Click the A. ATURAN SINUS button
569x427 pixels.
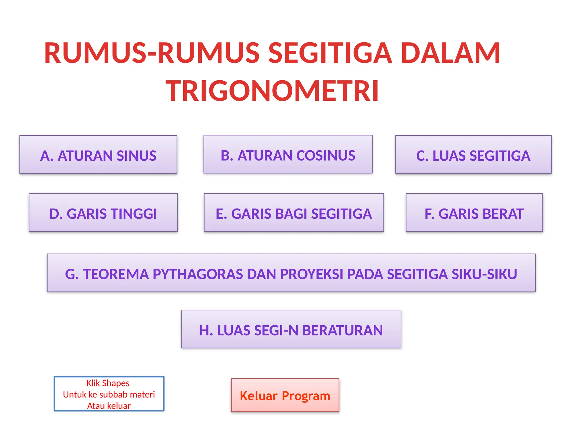coord(98,155)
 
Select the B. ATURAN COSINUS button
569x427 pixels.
coord(288,155)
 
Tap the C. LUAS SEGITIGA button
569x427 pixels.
coord(473,155)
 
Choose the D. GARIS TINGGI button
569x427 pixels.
coord(103,213)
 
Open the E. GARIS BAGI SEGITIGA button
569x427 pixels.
coord(294,213)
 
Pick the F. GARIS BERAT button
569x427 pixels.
coord(474,213)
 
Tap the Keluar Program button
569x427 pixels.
coord(285,395)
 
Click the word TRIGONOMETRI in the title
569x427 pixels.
coord(272,91)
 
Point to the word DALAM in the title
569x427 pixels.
coord(450,53)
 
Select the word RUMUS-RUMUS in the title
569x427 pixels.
coord(152,53)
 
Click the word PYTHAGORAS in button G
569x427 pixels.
coord(198,274)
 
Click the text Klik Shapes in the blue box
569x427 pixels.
coord(108,383)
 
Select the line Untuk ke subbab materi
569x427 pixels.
coord(109,394)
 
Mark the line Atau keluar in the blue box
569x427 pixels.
coord(109,406)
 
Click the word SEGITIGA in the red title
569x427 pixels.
coord(330,53)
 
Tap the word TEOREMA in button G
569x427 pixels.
coord(116,274)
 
